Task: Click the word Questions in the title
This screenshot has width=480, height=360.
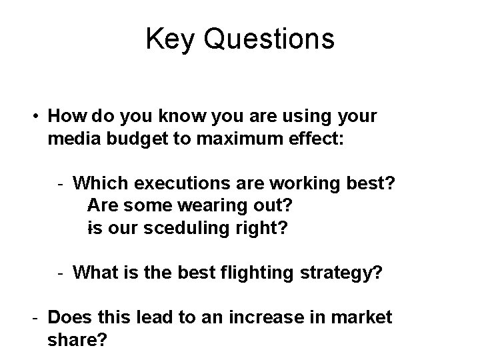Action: [269, 40]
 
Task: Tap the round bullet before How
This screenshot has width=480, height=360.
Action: [33, 117]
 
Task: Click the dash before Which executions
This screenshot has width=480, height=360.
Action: [61, 183]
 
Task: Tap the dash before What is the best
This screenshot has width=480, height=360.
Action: [61, 272]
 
